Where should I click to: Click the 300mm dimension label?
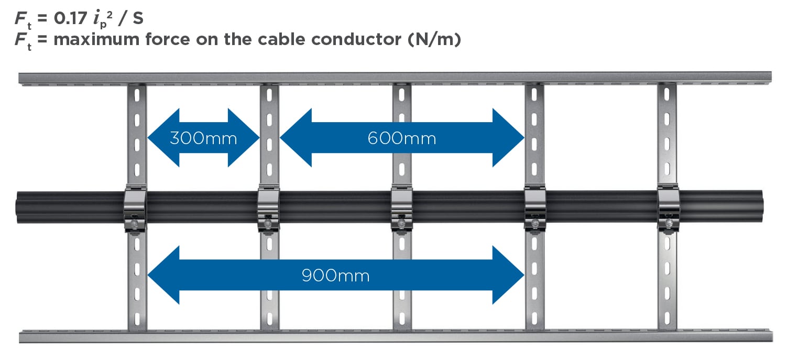point(203,138)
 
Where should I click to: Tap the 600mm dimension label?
point(402,138)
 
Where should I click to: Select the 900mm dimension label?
point(335,276)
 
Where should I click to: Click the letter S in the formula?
point(138,18)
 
